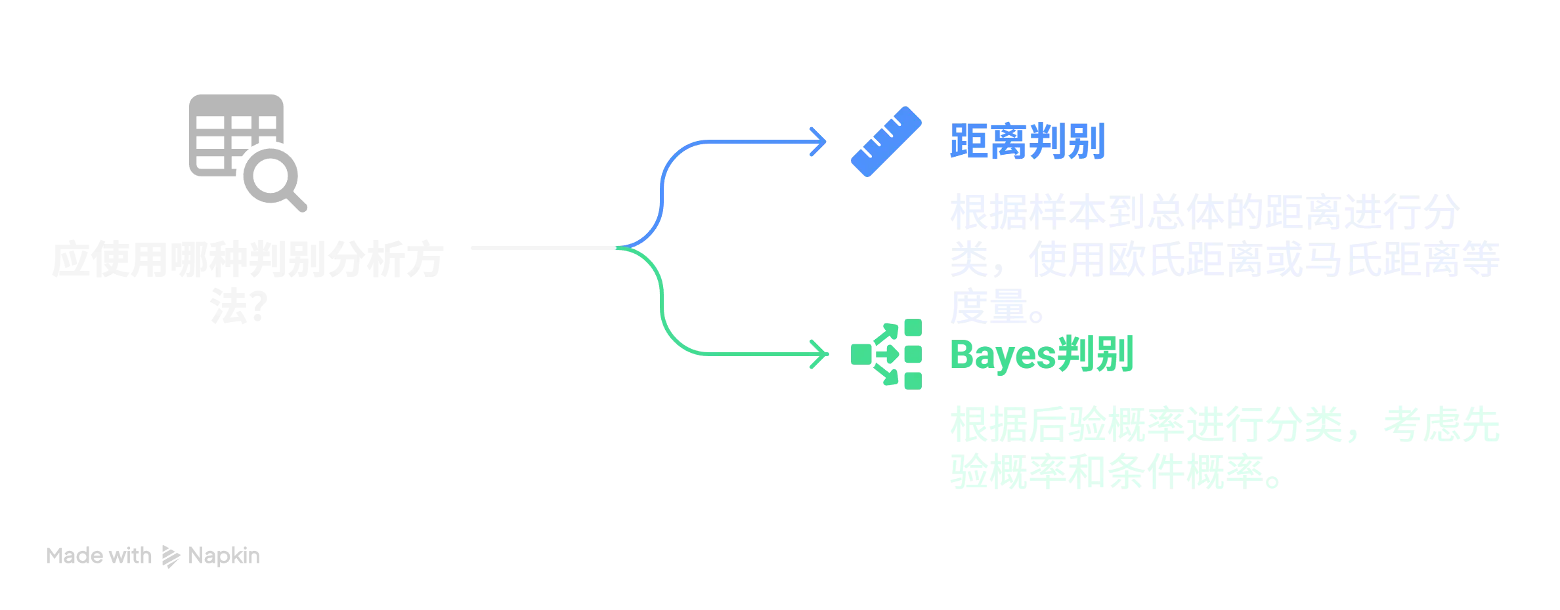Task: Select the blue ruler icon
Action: (886, 141)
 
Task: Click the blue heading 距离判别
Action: (1028, 142)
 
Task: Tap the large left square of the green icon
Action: (861, 356)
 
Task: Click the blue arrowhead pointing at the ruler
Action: (821, 141)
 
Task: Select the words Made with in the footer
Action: (99, 558)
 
